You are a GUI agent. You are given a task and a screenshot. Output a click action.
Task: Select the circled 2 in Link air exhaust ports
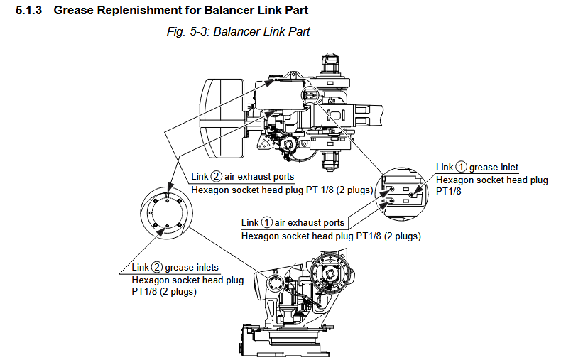click(217, 177)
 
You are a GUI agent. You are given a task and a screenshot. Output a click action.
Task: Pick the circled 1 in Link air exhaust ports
click(266, 223)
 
